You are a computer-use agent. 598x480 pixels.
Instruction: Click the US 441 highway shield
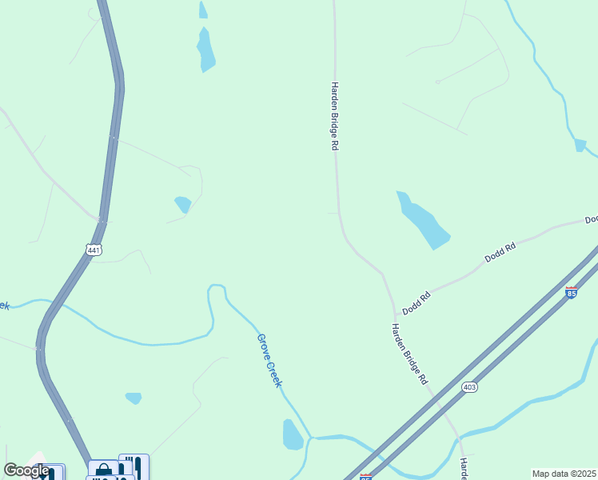pos(94,250)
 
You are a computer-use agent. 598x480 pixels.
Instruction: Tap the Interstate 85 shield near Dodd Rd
pos(571,293)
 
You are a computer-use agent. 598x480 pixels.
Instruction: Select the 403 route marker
pos(470,386)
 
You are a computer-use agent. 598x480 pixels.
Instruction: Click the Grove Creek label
pos(269,360)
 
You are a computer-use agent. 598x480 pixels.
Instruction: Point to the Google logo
pos(26,470)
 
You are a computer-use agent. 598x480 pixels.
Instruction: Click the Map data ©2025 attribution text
pos(564,474)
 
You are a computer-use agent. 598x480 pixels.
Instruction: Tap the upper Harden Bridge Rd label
pos(336,116)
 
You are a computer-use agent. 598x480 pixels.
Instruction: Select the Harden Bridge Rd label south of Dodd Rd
pos(410,354)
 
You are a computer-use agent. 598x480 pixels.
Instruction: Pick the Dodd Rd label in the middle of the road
pos(500,253)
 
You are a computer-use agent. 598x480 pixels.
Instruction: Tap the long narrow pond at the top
pos(206,50)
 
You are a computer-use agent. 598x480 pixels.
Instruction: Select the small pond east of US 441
pos(183,204)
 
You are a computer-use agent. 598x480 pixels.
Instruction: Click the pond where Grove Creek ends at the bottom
pos(293,434)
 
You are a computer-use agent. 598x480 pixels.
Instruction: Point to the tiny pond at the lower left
pos(134,398)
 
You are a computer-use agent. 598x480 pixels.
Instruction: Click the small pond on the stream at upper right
pos(580,145)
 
